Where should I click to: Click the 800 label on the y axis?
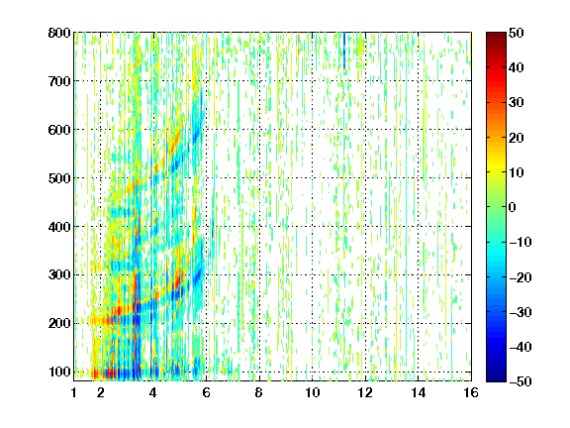tap(59, 33)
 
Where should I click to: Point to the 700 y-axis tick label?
tap(59, 81)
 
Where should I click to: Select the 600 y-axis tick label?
tap(59, 130)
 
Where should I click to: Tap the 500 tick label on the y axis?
tap(59, 178)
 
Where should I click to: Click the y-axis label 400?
tap(59, 227)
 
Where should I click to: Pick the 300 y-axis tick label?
tap(59, 274)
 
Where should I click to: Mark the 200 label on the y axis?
tap(59, 323)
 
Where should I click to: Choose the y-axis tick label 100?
tap(59, 372)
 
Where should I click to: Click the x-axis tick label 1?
tap(74, 392)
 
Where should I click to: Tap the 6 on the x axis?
tap(206, 392)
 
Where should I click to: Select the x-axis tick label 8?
tap(259, 392)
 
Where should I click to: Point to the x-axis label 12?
tap(365, 392)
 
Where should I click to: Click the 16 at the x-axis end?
tap(471, 392)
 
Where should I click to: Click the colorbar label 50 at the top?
tap(516, 33)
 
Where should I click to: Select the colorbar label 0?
tap(513, 207)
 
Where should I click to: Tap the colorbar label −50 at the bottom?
tap(520, 381)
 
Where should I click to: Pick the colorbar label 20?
tap(516, 138)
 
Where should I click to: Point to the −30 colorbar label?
tap(520, 312)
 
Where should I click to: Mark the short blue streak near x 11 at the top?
tap(344, 51)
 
